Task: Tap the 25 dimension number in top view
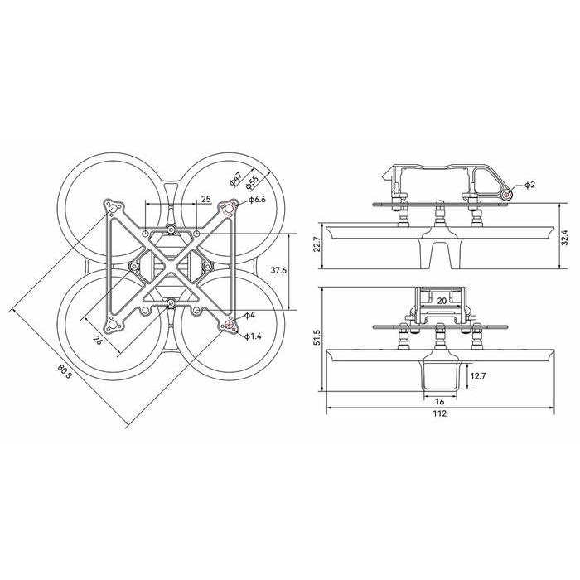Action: pyautogui.click(x=206, y=200)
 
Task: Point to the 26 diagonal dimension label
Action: pyautogui.click(x=98, y=340)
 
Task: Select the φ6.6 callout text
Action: pyautogui.click(x=256, y=200)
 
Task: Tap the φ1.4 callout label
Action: pyautogui.click(x=253, y=336)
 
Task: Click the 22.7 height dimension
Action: pyautogui.click(x=317, y=246)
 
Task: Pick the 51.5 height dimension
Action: pyautogui.click(x=317, y=338)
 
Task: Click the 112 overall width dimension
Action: pyautogui.click(x=439, y=413)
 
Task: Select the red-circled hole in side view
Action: pyautogui.click(x=507, y=194)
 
